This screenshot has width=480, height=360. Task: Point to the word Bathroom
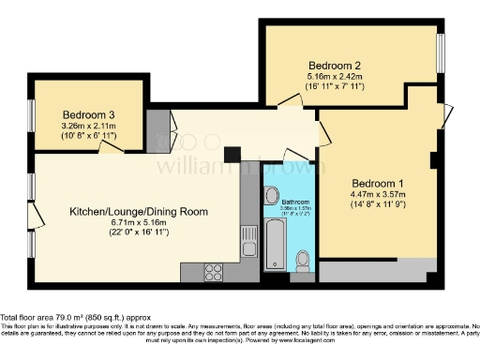coord(296,202)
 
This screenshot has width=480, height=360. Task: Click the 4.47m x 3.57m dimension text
coord(378,196)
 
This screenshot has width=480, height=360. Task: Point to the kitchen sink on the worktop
coord(247,235)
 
